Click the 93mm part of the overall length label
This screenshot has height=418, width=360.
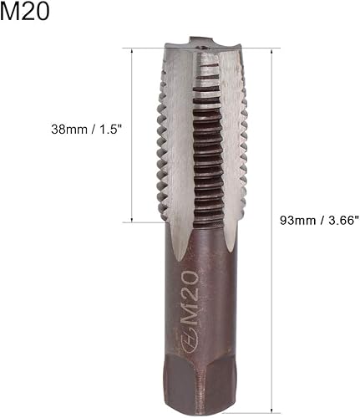point(297,220)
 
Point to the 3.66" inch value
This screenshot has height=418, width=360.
point(340,220)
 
